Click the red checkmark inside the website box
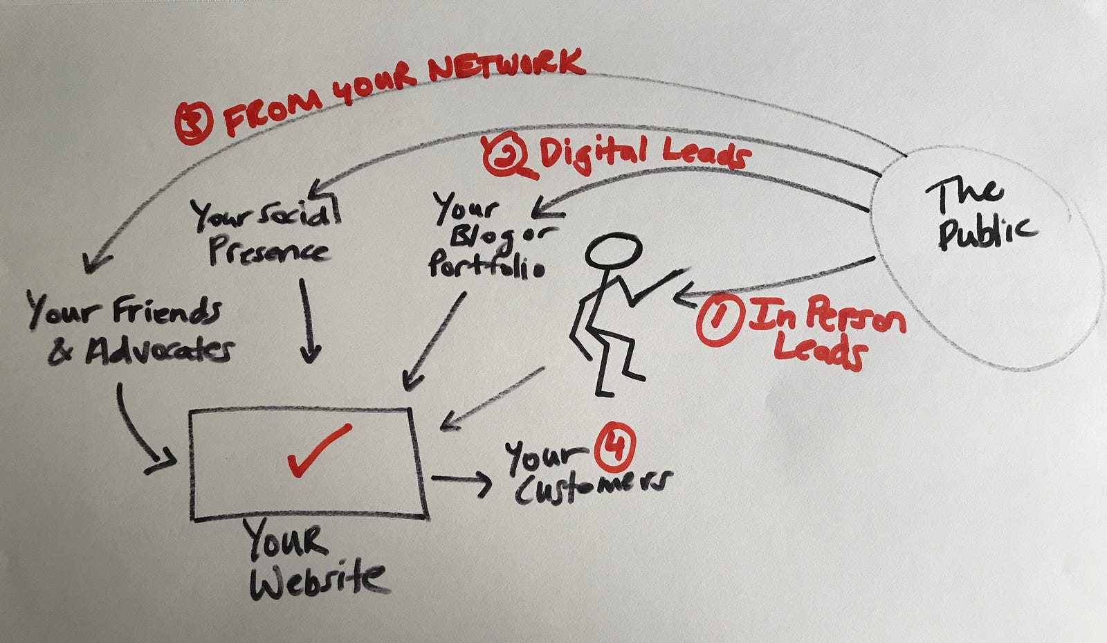pos(318,450)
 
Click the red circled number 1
pos(718,321)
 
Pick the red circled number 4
pos(615,444)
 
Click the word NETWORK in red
pos(505,68)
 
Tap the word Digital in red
pos(594,152)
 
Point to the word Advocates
pos(159,351)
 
